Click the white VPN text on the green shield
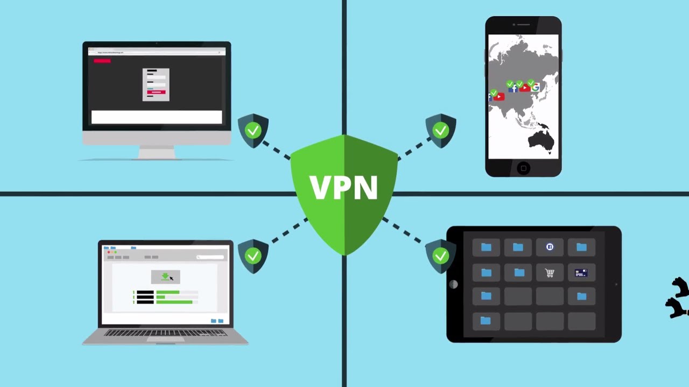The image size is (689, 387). tap(343, 187)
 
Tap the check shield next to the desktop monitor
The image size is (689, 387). tap(253, 130)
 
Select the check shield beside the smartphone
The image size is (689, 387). tap(441, 130)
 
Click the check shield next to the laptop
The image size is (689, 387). tap(253, 256)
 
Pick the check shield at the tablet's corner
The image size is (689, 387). tap(441, 256)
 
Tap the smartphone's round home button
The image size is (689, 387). tap(523, 168)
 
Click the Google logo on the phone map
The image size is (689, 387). tap(535, 87)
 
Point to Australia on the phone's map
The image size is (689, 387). tap(540, 138)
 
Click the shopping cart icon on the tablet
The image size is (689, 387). tap(550, 273)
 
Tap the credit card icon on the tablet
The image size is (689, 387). tap(581, 273)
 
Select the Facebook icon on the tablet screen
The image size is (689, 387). tap(550, 247)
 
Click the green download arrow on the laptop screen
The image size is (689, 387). tap(165, 276)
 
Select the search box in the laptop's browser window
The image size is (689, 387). tap(210, 257)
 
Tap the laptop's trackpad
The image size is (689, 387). tap(165, 339)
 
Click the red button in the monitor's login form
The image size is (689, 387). tap(156, 92)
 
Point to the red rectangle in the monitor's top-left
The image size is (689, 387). tap(102, 61)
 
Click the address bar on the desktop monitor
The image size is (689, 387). tap(156, 52)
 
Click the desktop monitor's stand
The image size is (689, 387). tap(157, 153)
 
